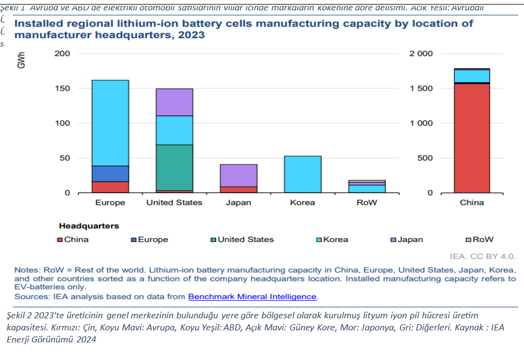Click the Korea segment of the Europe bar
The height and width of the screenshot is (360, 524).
[110, 123]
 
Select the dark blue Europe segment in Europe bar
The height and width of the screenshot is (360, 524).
[110, 173]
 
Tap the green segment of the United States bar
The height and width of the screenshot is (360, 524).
[174, 167]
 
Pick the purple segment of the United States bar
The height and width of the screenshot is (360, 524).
[174, 102]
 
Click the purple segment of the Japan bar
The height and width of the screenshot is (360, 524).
[238, 175]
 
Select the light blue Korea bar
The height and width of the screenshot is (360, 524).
[303, 174]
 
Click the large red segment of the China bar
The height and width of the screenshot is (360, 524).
[472, 138]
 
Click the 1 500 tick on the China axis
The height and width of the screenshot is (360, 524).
[421, 88]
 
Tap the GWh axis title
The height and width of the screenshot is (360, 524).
[21, 60]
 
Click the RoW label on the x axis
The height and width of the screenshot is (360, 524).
[367, 203]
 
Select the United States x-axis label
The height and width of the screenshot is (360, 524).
[174, 203]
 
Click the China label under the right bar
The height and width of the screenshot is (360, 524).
[472, 203]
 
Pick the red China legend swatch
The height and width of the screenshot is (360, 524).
[60, 240]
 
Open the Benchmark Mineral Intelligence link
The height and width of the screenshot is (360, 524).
[252, 296]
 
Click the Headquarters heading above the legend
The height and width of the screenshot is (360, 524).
[88, 226]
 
